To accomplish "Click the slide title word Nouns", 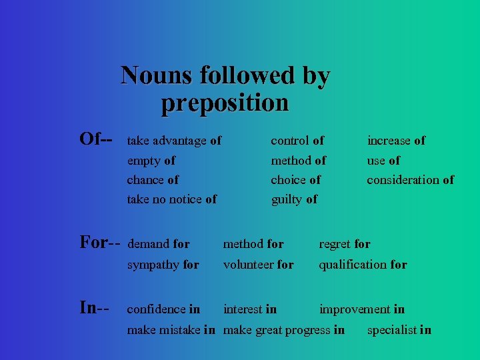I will (x=151, y=75).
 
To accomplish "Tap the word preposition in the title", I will (x=225, y=103).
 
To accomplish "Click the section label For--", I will (x=100, y=242).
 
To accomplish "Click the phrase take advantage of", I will (x=174, y=141).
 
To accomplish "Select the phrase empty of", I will (x=151, y=161).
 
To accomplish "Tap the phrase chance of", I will (x=153, y=180).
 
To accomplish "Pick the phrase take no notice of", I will (x=171, y=199).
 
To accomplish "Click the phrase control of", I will (x=297, y=141).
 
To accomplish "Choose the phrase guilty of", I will (x=294, y=199).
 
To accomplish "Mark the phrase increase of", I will (x=396, y=141).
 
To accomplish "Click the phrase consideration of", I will (x=410, y=180).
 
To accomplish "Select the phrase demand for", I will (x=158, y=245).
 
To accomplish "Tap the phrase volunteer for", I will (x=258, y=265).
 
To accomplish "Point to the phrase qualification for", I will (x=363, y=265).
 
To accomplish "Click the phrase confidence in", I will (x=163, y=309).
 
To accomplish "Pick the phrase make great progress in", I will (x=284, y=330).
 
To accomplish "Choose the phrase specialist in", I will (x=399, y=330).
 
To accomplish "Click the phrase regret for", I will (x=345, y=245).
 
